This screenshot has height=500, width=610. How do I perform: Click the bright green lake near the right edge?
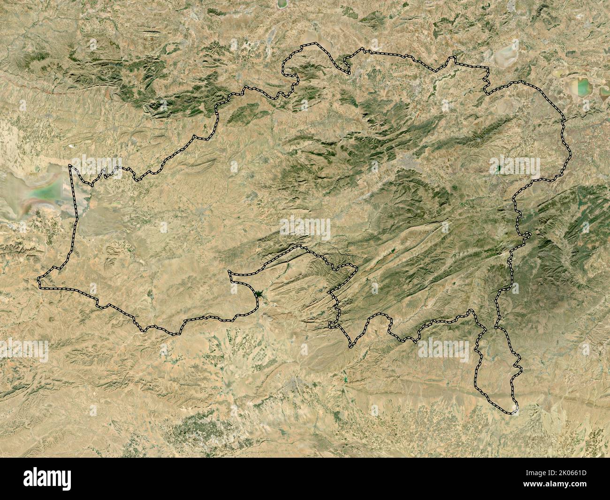582,87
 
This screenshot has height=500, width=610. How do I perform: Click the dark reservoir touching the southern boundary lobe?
258,294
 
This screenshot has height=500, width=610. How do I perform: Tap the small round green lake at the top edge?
282,4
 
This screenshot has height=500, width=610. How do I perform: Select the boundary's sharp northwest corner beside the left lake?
71,166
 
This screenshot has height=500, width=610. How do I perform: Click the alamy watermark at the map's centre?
305,229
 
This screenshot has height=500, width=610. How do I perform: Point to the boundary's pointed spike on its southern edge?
350,347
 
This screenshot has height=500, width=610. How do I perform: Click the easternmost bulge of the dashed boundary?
571,157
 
